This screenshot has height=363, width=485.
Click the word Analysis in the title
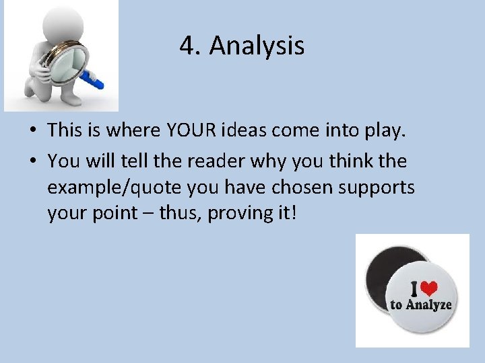257,46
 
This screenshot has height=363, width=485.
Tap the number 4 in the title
187,46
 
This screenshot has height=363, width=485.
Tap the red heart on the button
428,288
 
